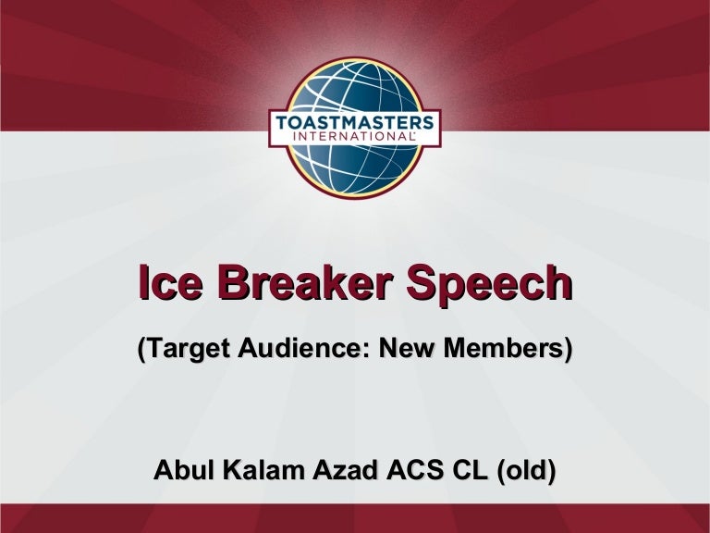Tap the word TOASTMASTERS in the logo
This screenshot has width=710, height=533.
point(354,121)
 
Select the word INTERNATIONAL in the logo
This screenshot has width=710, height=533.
point(354,137)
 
